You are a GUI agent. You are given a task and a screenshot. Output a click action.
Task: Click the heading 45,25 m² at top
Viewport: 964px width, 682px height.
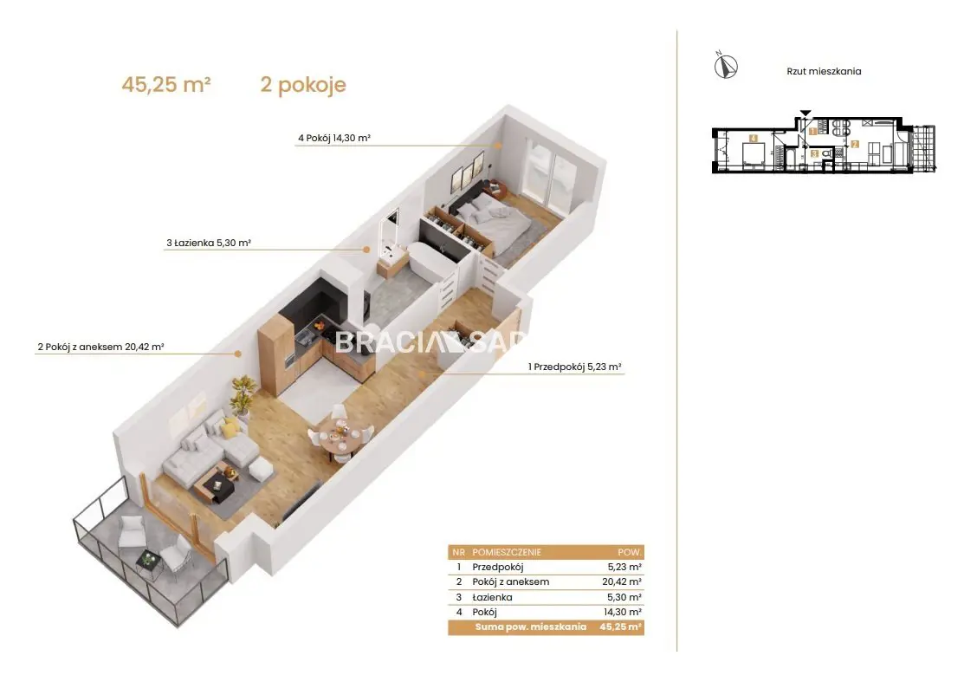(166, 84)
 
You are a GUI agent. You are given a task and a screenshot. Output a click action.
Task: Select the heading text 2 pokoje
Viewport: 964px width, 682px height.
(303, 84)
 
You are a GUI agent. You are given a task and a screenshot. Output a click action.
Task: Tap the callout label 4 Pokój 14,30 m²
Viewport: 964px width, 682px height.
(333, 139)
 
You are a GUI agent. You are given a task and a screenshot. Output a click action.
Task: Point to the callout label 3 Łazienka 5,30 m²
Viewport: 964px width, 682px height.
(209, 243)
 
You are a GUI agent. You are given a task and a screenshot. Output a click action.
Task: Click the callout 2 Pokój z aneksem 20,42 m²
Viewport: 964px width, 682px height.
(100, 347)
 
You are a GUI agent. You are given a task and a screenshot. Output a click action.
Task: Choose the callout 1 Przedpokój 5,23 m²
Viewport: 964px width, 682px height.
(575, 367)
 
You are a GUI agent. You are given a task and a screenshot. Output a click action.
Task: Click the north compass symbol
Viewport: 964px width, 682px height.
(726, 65)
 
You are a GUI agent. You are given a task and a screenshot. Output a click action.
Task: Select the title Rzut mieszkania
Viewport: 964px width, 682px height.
(824, 71)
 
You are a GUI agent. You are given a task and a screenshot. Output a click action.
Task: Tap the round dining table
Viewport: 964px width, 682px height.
(339, 438)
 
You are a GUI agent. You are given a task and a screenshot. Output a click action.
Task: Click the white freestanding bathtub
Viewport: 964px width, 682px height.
(433, 262)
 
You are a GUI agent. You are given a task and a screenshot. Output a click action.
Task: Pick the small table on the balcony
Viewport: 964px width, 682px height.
(148, 562)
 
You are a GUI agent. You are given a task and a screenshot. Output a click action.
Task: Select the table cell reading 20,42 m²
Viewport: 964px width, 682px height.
(622, 581)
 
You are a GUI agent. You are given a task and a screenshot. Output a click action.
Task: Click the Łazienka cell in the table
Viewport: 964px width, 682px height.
(492, 597)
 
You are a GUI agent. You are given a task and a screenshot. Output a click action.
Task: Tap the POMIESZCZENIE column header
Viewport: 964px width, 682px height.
(507, 552)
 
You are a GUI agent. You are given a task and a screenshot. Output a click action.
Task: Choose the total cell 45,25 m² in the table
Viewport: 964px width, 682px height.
(620, 627)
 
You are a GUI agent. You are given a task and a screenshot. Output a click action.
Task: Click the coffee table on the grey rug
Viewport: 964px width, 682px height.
(216, 484)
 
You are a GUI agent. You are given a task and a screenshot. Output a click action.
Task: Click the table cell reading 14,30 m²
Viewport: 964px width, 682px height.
(622, 612)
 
